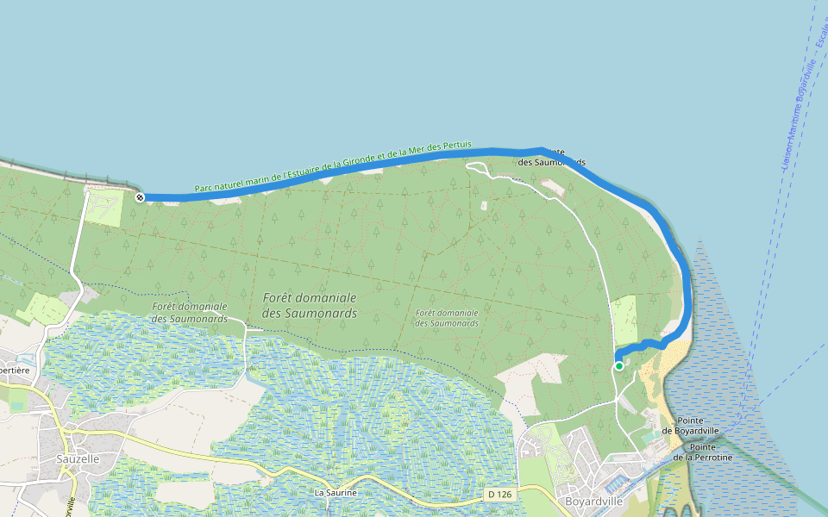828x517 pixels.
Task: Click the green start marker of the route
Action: click(619, 366)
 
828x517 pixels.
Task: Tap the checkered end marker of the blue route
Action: click(140, 197)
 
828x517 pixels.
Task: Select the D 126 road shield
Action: click(499, 495)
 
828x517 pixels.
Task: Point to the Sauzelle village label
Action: click(78, 459)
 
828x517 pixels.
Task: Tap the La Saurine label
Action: click(336, 493)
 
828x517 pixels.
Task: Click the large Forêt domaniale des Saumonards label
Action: click(309, 305)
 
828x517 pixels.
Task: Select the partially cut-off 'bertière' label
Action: click(16, 371)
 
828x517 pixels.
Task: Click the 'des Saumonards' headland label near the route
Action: click(553, 161)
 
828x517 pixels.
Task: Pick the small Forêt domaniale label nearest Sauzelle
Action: click(189, 312)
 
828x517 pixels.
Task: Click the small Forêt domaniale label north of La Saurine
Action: click(446, 318)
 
